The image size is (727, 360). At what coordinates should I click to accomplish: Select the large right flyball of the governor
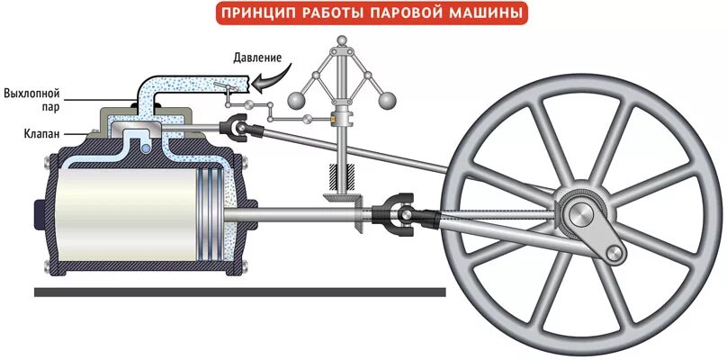(390, 99)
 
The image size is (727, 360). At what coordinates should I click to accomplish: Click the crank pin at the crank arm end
(615, 253)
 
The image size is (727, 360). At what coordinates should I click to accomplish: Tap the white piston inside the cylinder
(126, 213)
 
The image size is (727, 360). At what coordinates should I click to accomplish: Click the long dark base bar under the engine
(238, 292)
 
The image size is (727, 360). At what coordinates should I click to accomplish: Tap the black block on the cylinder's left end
(39, 213)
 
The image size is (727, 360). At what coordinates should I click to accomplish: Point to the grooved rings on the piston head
(210, 213)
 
